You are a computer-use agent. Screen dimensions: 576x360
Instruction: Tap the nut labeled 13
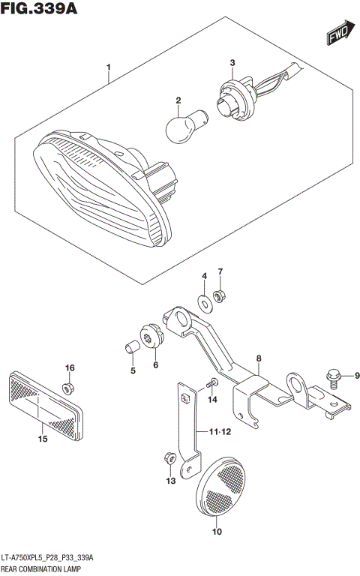(x=169, y=457)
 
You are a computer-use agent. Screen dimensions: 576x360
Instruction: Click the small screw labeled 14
(x=211, y=384)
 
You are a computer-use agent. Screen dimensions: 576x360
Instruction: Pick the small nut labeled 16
(x=69, y=387)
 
